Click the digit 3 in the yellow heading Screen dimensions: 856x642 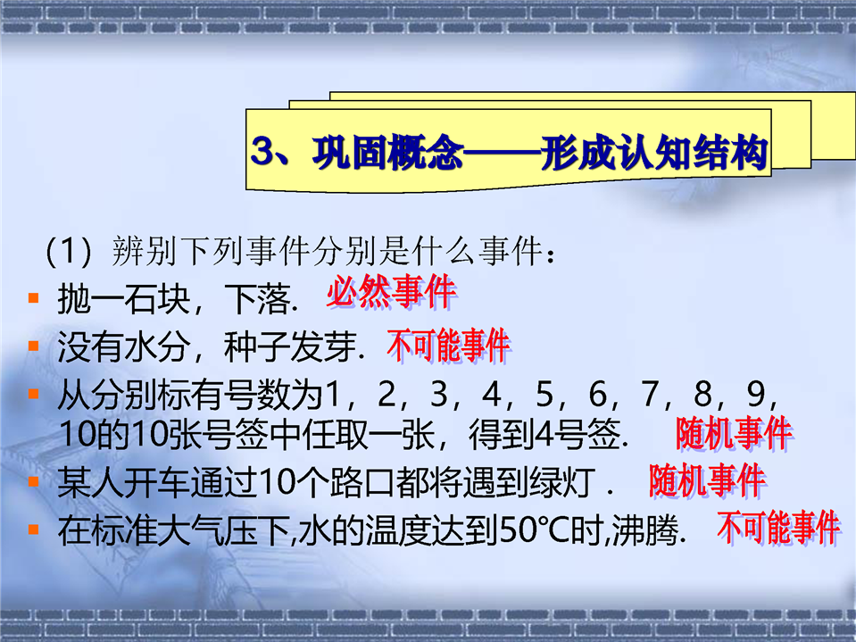pyautogui.click(x=263, y=151)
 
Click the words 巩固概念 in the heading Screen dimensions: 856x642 pyautogui.click(x=387, y=153)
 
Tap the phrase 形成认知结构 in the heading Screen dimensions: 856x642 pyautogui.click(x=655, y=153)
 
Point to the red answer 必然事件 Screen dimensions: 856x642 pyautogui.click(x=391, y=291)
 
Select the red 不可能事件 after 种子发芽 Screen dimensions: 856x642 pyautogui.click(x=448, y=346)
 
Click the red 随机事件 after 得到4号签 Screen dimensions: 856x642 pyautogui.click(x=734, y=433)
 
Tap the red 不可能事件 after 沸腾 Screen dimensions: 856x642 pyautogui.click(x=778, y=528)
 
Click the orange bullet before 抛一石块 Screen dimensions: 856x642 pyautogui.click(x=34, y=298)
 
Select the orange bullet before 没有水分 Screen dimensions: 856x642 pyautogui.click(x=34, y=346)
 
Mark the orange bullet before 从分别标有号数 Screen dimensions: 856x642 pyautogui.click(x=34, y=394)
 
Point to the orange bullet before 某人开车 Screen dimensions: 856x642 pyautogui.click(x=34, y=481)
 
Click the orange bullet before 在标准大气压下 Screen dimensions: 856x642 pyautogui.click(x=34, y=529)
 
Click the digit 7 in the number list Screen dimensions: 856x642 pyautogui.click(x=650, y=394)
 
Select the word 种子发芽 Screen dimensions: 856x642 pyautogui.click(x=290, y=347)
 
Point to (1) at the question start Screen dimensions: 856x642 pyautogui.click(x=69, y=251)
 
